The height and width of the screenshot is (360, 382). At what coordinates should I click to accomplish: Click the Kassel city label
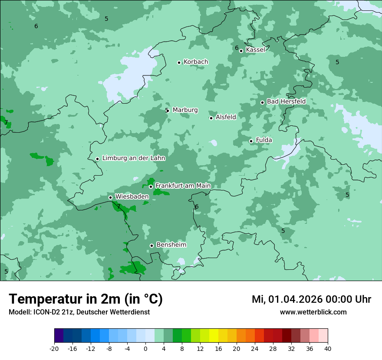[x=255, y=50]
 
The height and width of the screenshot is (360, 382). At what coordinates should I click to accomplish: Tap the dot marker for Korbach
[x=179, y=62]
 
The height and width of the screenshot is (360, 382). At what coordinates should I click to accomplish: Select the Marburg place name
[x=185, y=110]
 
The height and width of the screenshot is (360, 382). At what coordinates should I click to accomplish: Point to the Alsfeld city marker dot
[x=211, y=118]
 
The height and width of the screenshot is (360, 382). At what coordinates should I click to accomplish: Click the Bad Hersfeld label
[x=286, y=101]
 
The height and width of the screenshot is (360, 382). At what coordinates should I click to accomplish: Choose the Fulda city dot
[x=251, y=141]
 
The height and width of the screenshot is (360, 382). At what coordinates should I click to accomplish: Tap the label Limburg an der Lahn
[x=133, y=158]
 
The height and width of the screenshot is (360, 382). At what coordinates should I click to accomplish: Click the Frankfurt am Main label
[x=183, y=186]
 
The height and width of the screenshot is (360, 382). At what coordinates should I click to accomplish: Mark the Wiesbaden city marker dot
[x=110, y=197]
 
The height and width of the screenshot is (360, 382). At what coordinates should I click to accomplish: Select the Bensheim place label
[x=171, y=245]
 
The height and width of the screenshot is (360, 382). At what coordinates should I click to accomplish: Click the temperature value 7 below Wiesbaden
[x=119, y=207]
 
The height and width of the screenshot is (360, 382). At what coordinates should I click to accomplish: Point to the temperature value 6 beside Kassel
[x=237, y=48]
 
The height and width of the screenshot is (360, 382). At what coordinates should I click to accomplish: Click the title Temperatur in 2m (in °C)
[x=86, y=299]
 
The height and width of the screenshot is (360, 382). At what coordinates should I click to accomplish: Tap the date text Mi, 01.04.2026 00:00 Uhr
[x=311, y=299]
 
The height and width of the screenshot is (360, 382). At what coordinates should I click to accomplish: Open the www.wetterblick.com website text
[x=313, y=312]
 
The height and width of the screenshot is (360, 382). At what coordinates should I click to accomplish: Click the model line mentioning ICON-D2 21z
[x=79, y=312]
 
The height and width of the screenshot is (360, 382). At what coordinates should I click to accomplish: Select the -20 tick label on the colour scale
[x=54, y=349]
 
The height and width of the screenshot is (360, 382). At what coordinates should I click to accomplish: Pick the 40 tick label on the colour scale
[x=328, y=349]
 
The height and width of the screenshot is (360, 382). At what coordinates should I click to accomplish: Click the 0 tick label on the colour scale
[x=145, y=349]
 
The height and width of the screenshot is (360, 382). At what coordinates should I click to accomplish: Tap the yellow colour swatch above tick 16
[x=214, y=336]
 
